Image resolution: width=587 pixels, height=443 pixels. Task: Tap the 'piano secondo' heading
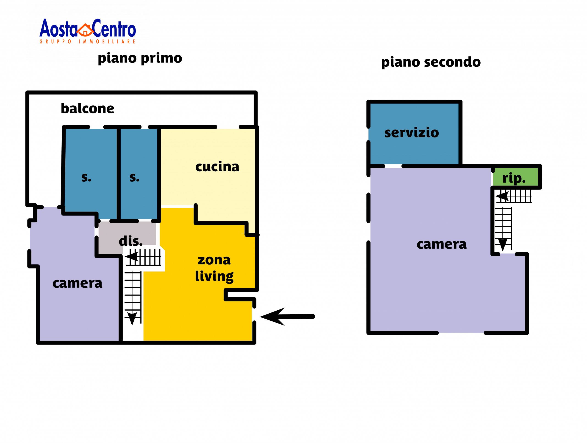pos(431,62)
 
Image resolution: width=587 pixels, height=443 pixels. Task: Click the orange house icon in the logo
pos(85,30)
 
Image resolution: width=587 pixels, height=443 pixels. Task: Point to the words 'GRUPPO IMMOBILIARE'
pos(87,42)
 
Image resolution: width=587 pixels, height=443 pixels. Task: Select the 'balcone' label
pos(87,108)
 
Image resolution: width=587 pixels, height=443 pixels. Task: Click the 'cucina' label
pos(217,167)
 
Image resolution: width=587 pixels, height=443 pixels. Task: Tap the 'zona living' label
pos(214,268)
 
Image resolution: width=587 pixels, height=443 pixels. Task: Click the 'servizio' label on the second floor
pos(411,133)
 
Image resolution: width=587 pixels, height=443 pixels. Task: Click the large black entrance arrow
pos(287,317)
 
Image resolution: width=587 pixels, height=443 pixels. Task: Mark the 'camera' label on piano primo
pos(77,283)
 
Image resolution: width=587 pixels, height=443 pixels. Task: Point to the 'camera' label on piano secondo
pos(441,244)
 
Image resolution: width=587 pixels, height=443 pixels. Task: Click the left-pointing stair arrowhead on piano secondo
pos(502,197)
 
